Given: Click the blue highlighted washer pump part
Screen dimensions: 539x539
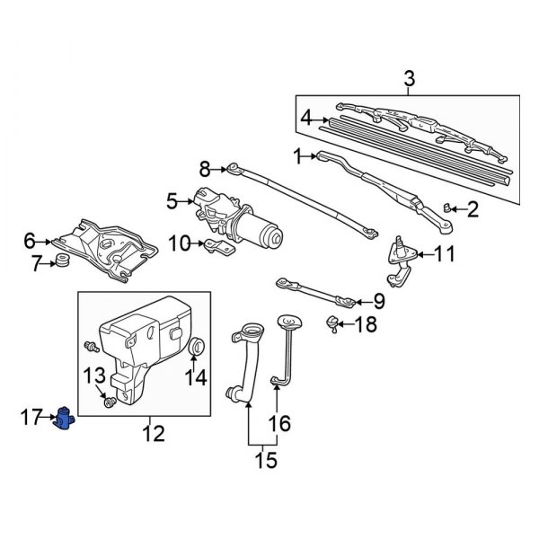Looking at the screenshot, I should pos(66,417).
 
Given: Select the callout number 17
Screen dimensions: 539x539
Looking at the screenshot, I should pos(31,416).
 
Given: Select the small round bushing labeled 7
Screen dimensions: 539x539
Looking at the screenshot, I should pos(63,261).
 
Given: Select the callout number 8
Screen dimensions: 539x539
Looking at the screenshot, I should pos(204,167).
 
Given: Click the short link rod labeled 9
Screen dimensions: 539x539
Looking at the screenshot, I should pos(314,291).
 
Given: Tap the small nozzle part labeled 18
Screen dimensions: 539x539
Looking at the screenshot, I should pos(333,323).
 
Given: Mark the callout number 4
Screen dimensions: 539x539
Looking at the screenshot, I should pos(306,117).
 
